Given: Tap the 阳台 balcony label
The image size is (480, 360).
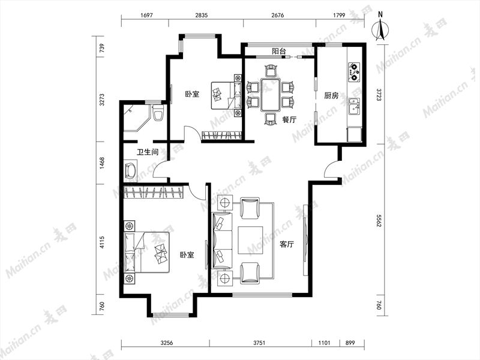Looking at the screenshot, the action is click(279, 51).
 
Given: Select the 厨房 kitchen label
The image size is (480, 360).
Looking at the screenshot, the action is click(331, 96).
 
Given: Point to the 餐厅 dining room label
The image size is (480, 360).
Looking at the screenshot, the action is click(289, 119).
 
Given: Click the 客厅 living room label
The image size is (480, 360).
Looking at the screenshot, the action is click(287, 244).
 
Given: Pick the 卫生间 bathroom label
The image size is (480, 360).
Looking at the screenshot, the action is click(148, 152).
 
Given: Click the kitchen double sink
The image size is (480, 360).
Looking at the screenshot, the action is click(355, 106).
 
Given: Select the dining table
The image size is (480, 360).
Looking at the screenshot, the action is click(271, 95).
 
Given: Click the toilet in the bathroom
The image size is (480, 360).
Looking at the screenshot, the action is click(158, 113).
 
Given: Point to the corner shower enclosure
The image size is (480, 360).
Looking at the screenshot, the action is click(137, 118).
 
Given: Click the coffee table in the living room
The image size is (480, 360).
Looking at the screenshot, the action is click(250, 241).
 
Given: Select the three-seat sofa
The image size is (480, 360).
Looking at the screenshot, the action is click(222, 241).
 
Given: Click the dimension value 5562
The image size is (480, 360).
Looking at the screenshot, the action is click(379, 220).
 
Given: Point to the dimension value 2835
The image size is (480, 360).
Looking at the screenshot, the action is click(201, 15).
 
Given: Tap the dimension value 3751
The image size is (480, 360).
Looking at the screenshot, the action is click(259, 343).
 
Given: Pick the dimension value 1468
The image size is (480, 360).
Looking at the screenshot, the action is click(102, 163).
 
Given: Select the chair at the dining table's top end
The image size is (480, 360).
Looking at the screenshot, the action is click(271, 71).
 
